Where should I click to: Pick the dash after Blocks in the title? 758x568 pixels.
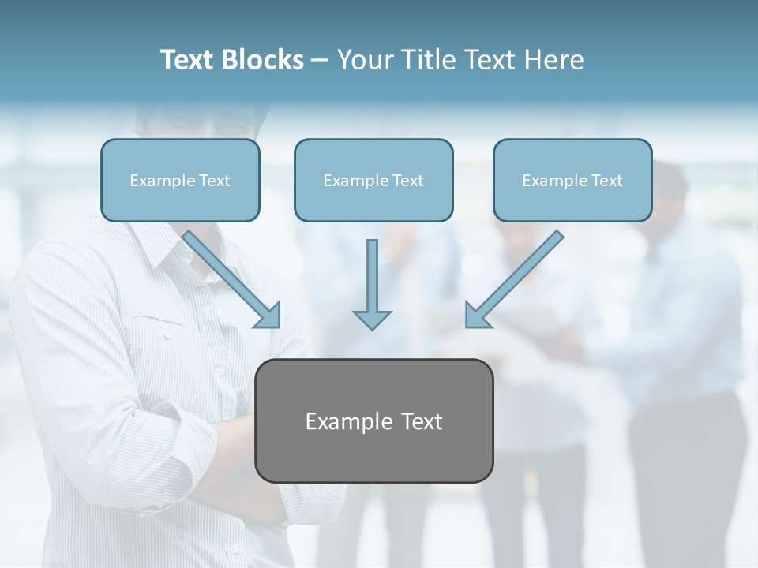tap(320, 61)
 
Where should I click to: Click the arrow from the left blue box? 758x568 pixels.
tap(229, 277)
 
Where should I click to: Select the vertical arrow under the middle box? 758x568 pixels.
tap(372, 280)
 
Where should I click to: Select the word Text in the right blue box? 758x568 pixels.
tap(607, 181)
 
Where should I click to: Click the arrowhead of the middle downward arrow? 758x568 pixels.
tap(372, 319)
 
